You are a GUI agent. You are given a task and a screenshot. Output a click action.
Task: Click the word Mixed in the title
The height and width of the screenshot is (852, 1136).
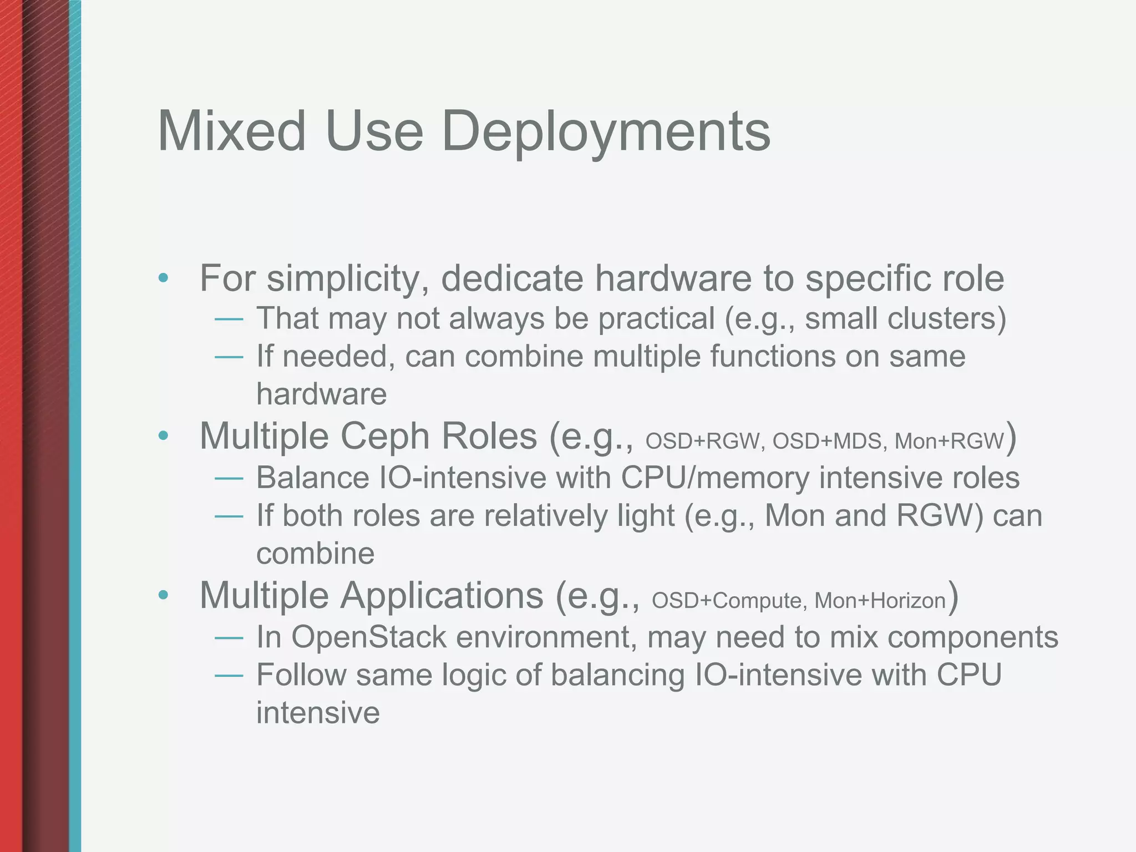point(231,131)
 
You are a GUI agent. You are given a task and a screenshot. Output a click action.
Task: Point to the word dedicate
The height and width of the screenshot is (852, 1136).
point(511,278)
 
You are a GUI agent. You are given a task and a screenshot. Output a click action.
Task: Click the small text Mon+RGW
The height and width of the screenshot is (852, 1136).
point(949,442)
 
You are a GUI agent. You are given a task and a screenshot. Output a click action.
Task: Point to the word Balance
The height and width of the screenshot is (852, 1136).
point(313,478)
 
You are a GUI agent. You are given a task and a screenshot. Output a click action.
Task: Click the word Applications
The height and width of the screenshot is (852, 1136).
point(442,596)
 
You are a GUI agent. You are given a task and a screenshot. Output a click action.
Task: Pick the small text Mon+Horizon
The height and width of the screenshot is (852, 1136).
point(880,601)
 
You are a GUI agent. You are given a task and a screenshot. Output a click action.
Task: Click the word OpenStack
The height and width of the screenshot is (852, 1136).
point(369,637)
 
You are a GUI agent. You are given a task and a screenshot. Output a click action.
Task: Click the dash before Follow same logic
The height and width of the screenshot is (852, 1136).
point(229,676)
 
